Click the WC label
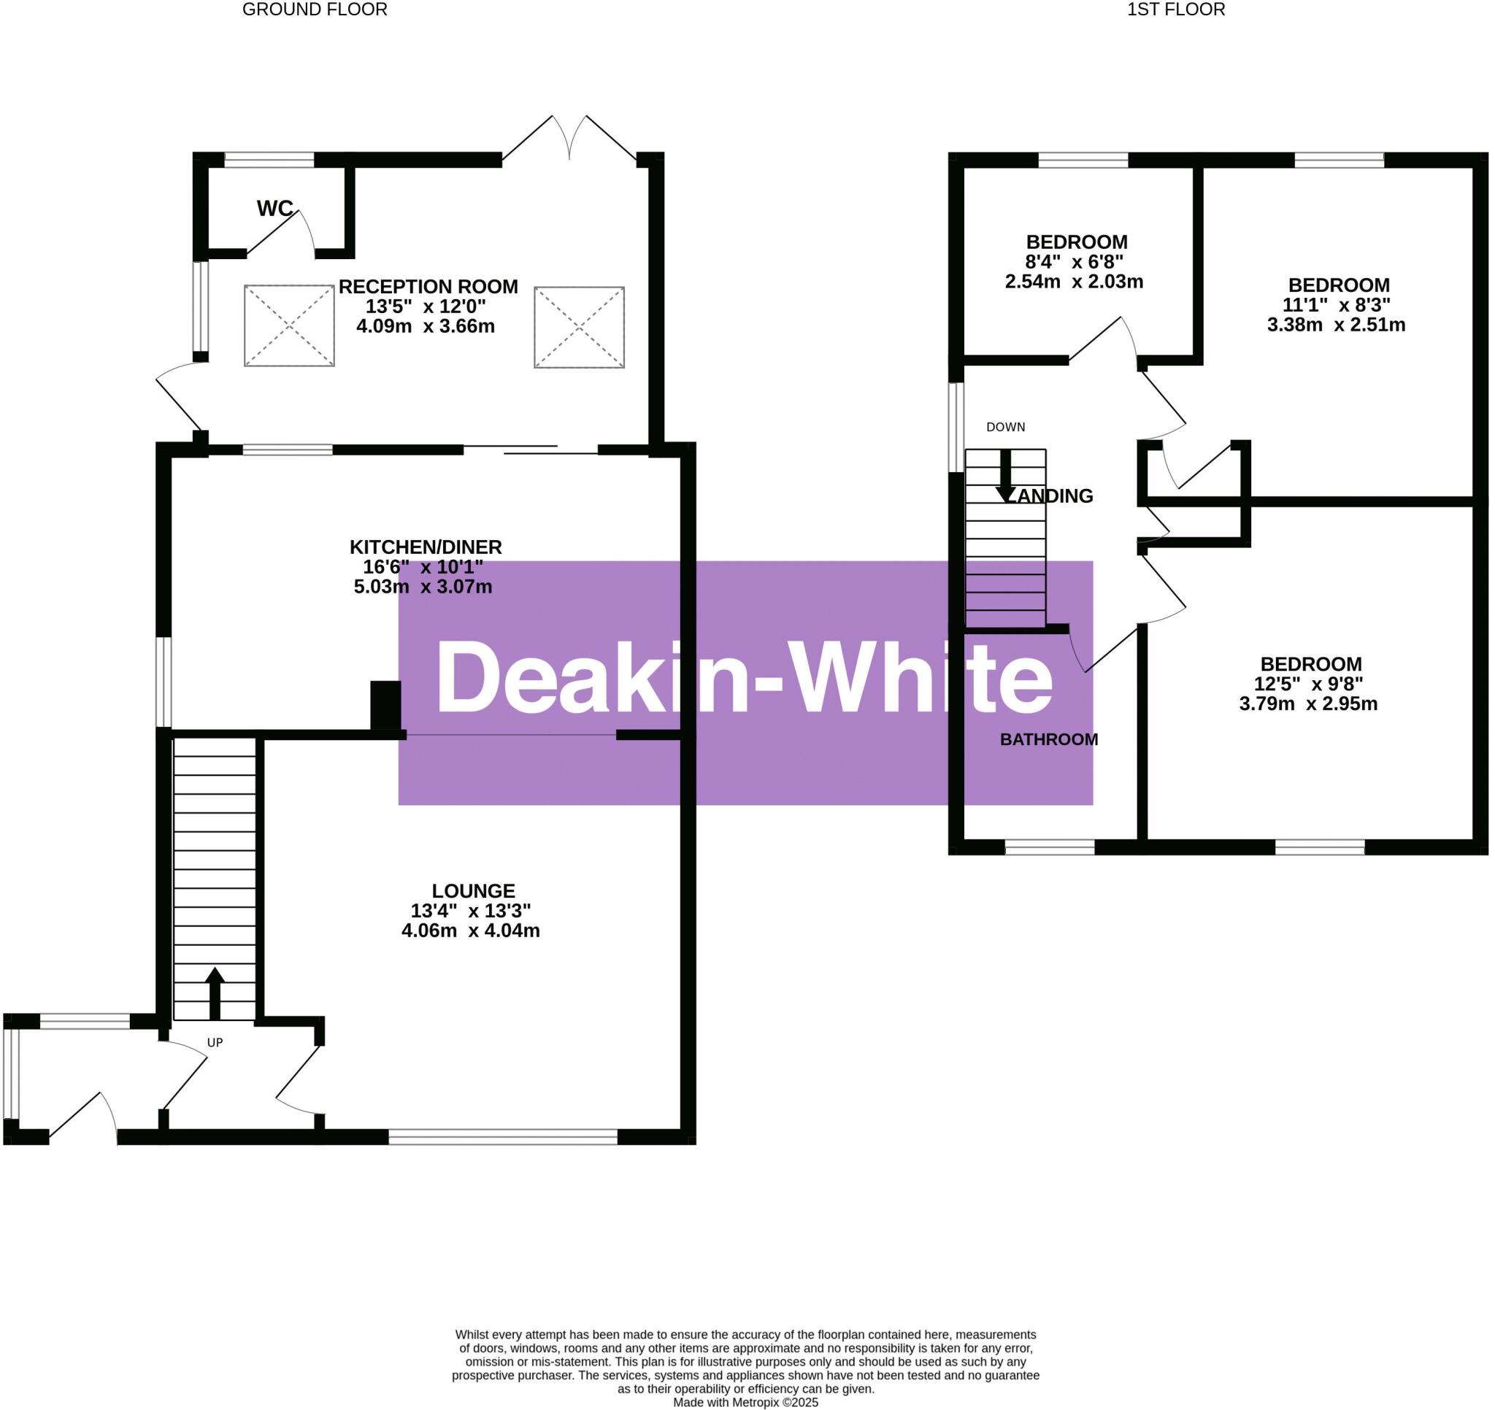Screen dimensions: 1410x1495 tap(274, 208)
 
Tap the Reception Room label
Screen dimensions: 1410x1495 tap(427, 287)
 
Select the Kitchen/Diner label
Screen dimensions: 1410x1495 tap(425, 547)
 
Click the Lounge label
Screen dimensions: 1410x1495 tap(473, 890)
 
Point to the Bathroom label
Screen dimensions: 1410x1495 tap(1048, 739)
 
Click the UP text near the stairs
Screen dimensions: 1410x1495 tap(215, 1042)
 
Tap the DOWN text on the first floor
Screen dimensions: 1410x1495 tap(1005, 427)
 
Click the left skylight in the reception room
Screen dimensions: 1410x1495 tap(289, 325)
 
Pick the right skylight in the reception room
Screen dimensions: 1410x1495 tap(579, 327)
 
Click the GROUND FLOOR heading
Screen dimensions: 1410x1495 tap(315, 9)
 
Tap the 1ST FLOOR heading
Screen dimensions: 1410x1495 tap(1175, 9)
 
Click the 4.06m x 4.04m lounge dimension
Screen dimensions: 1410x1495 tap(471, 931)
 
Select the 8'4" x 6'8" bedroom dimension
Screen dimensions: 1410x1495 tap(1075, 262)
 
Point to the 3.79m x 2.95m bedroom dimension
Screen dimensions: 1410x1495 tap(1309, 704)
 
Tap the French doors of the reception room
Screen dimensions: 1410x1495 tap(569, 139)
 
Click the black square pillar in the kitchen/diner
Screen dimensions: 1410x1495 tap(385, 704)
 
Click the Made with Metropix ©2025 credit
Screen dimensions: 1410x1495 tap(745, 1402)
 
